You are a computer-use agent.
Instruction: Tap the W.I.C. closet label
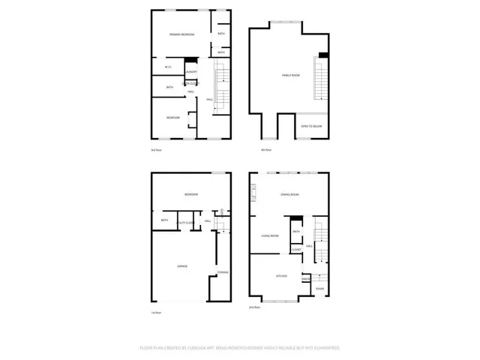coord(169,68)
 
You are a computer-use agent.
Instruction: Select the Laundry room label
coord(191,72)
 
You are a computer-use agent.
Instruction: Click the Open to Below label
coord(311,127)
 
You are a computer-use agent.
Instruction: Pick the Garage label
coord(181,266)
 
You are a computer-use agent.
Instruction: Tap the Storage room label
coord(223,272)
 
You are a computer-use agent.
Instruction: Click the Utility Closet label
coord(187,223)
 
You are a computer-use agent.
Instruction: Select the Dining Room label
coord(289,195)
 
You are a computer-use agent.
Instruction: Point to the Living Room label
coord(270,237)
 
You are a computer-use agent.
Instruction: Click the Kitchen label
coord(282,277)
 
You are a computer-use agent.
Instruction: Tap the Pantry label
coord(306,279)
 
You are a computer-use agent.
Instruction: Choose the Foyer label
coord(319,289)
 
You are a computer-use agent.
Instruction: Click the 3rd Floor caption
coord(157,150)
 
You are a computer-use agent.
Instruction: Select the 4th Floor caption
coord(265,150)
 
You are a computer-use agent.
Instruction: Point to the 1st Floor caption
coord(157,312)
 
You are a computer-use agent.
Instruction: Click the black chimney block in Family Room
coord(322,55)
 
